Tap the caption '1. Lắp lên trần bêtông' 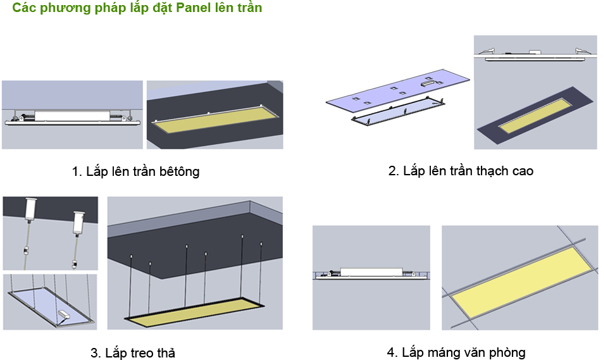pyautogui.click(x=135, y=171)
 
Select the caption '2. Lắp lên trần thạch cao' pyautogui.click(x=461, y=171)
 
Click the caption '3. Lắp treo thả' pyautogui.click(x=132, y=352)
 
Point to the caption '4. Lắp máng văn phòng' pyautogui.click(x=456, y=352)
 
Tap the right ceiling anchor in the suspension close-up pyautogui.click(x=78, y=220)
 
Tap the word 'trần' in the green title pyautogui.click(x=247, y=8)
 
